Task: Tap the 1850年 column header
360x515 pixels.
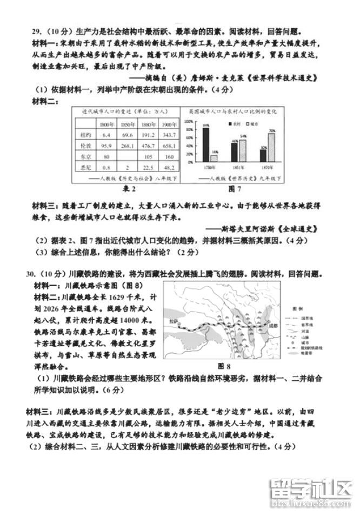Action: click(x=128, y=124)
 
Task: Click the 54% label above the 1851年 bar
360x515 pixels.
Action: click(x=243, y=136)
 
